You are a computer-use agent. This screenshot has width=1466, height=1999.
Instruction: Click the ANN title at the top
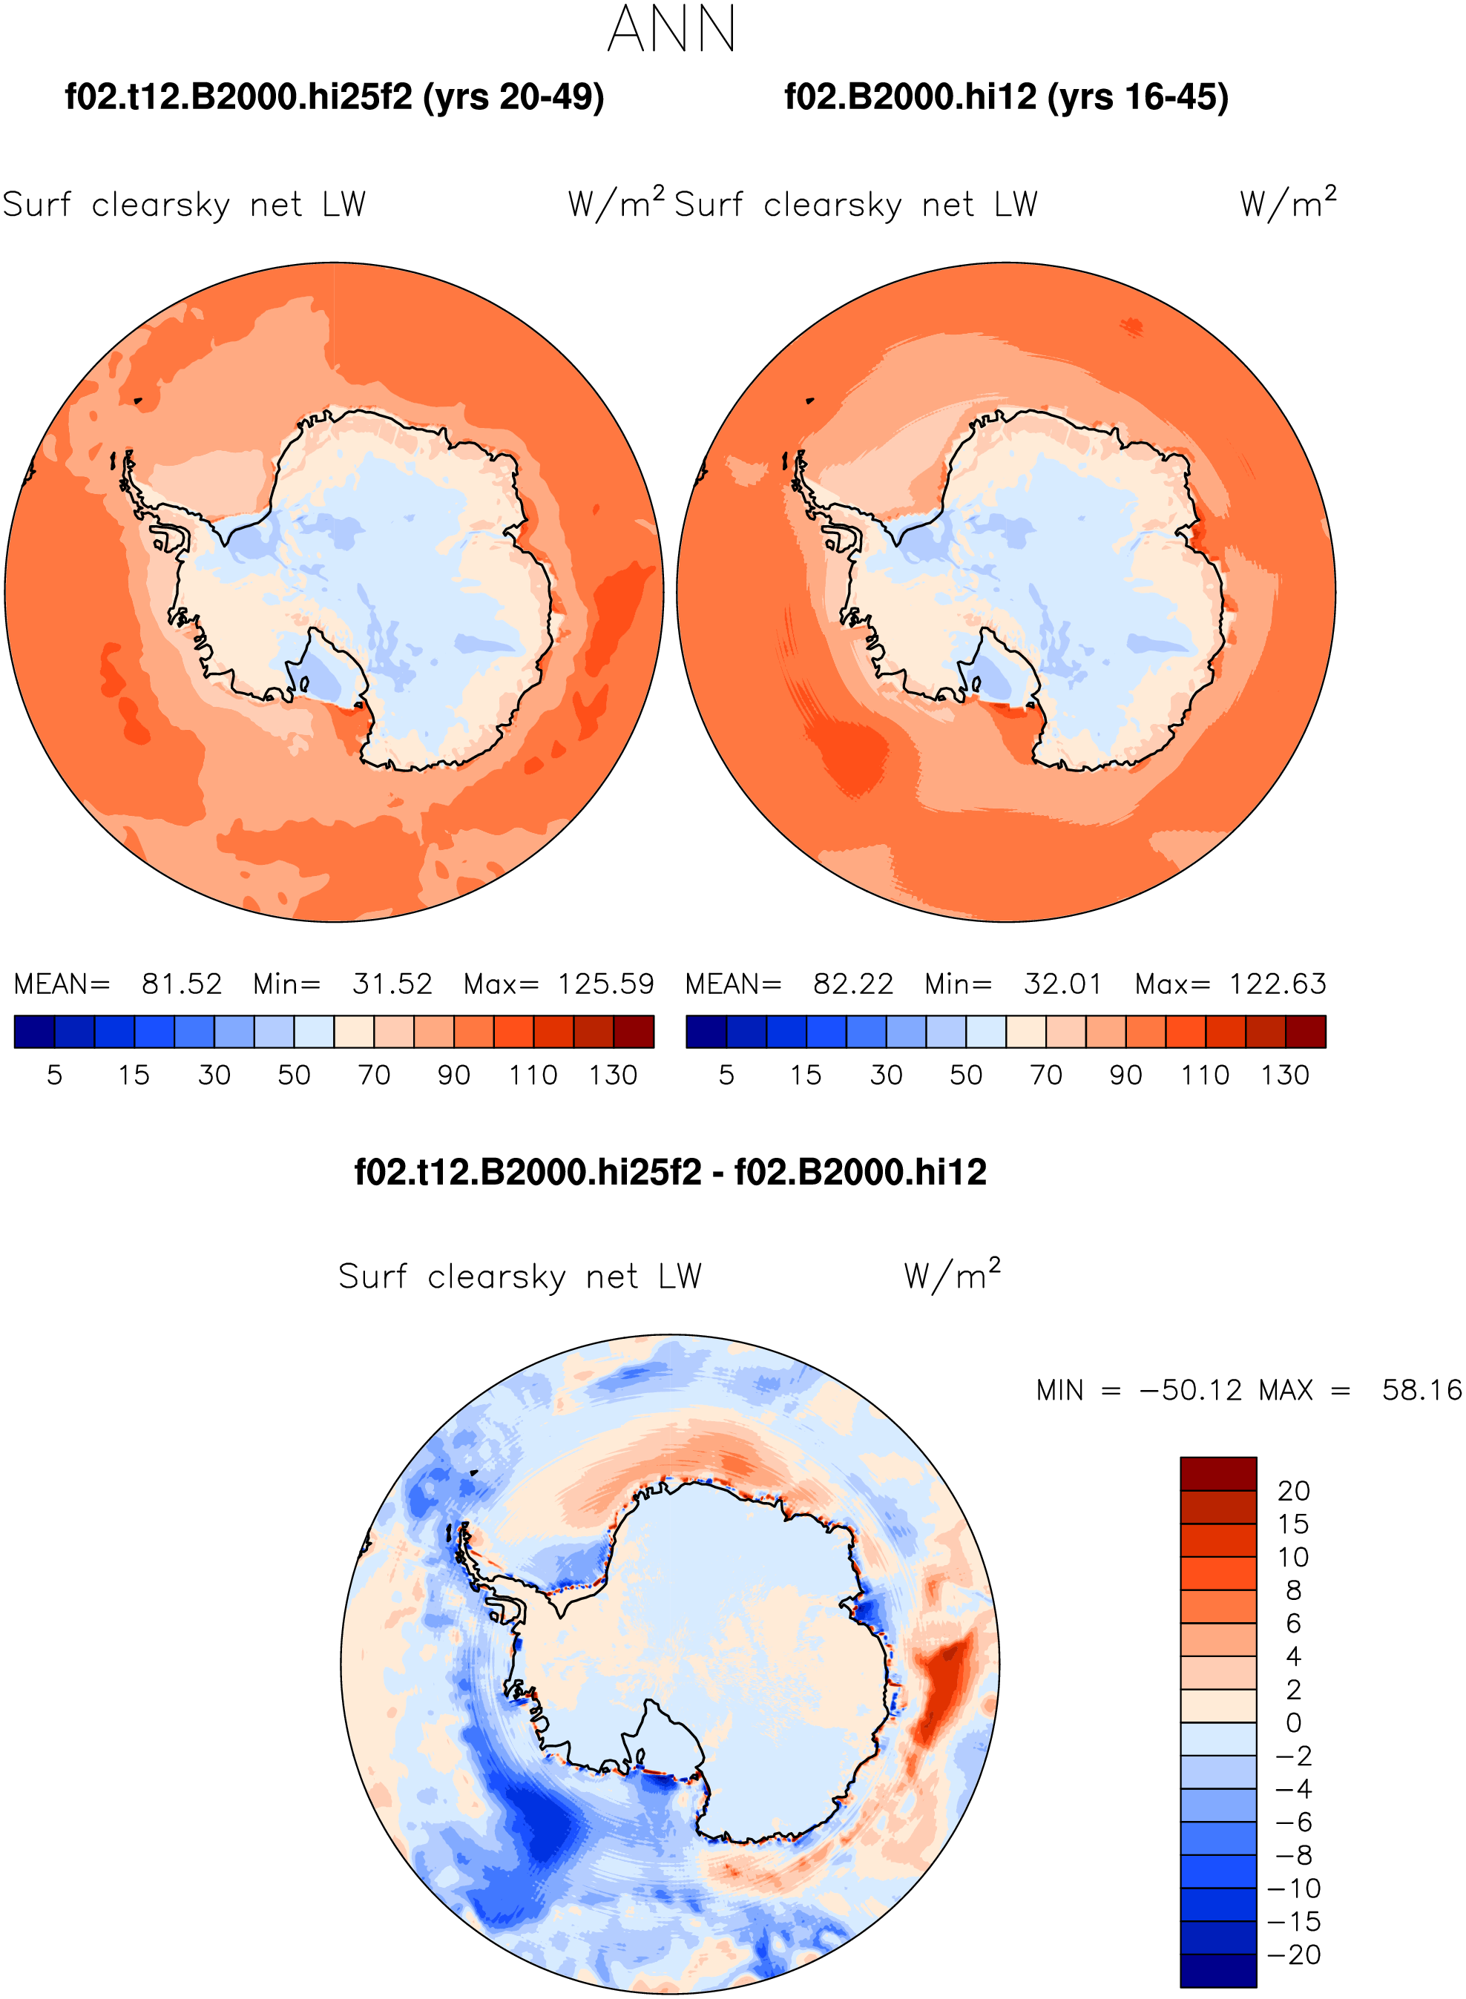click(671, 29)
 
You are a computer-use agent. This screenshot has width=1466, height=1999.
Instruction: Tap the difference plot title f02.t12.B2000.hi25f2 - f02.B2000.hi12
click(670, 1172)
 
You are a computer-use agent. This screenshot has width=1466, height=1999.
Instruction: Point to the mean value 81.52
click(182, 984)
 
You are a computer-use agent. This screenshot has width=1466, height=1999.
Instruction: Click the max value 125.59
click(606, 984)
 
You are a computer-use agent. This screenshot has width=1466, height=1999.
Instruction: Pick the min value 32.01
click(1063, 984)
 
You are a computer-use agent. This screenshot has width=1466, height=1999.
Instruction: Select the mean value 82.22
click(852, 984)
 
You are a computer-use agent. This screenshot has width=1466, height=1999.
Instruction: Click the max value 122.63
click(1278, 984)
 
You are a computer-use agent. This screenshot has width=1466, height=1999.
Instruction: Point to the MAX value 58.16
click(1421, 1389)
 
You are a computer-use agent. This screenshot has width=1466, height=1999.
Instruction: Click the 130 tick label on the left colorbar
click(614, 1076)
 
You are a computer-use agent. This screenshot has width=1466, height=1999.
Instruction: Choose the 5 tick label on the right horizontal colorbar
click(727, 1076)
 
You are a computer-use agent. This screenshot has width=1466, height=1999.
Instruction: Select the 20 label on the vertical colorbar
click(1294, 1491)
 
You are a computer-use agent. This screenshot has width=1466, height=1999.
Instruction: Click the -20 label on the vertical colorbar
click(1295, 1954)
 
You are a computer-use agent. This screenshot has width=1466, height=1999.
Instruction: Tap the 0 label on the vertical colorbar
click(1294, 1723)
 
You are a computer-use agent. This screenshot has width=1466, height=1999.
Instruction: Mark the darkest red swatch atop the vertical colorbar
click(1218, 1474)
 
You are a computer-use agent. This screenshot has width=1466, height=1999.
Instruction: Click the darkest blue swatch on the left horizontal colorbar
click(35, 1032)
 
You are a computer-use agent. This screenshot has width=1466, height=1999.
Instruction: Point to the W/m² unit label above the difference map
click(952, 1274)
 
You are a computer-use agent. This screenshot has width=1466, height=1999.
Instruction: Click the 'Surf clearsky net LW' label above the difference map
click(520, 1277)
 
